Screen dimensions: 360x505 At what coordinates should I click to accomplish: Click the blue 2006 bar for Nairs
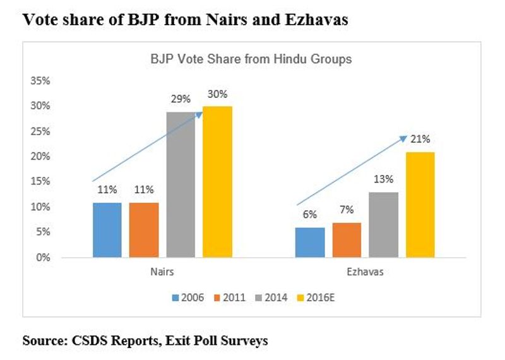(x=107, y=230)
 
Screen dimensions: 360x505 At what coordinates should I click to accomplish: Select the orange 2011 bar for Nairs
(x=144, y=230)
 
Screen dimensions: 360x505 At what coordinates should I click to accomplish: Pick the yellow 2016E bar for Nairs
(x=217, y=182)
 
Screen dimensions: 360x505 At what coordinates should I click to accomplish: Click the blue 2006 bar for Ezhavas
(x=310, y=243)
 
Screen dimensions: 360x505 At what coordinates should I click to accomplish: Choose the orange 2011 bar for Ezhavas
(x=347, y=240)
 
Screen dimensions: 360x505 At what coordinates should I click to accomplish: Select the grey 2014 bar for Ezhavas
(x=383, y=225)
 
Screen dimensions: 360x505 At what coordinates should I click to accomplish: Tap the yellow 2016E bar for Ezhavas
(x=420, y=205)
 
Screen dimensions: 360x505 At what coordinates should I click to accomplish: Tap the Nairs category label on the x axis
(x=162, y=273)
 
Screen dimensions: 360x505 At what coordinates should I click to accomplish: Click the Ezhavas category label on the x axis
(x=365, y=273)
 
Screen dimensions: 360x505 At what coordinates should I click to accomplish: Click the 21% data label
(x=420, y=140)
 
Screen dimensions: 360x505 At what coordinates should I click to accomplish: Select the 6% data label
(x=310, y=215)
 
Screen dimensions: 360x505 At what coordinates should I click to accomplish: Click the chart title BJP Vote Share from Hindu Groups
(x=251, y=60)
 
